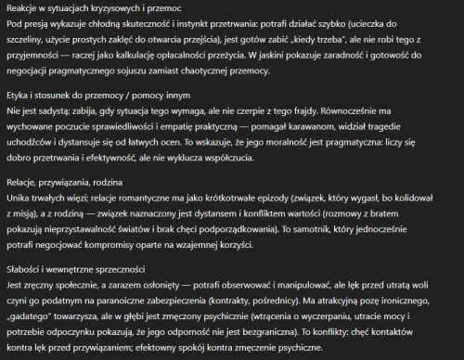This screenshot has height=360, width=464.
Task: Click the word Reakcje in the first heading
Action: pos(22,8)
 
